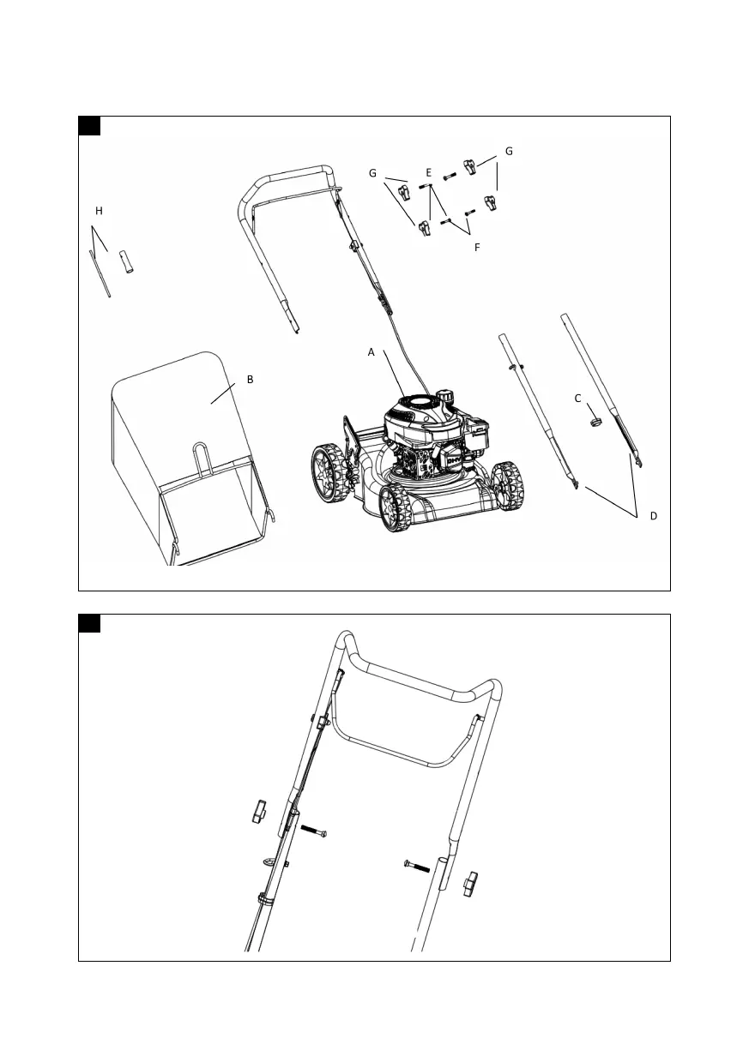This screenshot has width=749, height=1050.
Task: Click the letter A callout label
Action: (371, 351)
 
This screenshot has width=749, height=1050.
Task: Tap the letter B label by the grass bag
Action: (250, 378)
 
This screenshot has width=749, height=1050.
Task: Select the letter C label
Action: (577, 399)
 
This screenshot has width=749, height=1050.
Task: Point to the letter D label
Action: (654, 516)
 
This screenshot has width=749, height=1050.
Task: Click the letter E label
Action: (428, 172)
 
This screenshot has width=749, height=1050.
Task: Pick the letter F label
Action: (477, 247)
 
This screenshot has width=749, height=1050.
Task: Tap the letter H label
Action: (99, 210)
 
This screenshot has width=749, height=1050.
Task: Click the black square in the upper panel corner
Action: (89, 126)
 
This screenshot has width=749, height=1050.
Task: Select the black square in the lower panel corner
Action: (89, 623)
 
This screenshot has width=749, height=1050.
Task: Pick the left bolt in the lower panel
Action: (315, 832)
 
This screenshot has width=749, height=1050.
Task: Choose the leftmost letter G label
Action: (372, 172)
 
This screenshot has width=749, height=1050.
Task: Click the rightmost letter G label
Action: (509, 151)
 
